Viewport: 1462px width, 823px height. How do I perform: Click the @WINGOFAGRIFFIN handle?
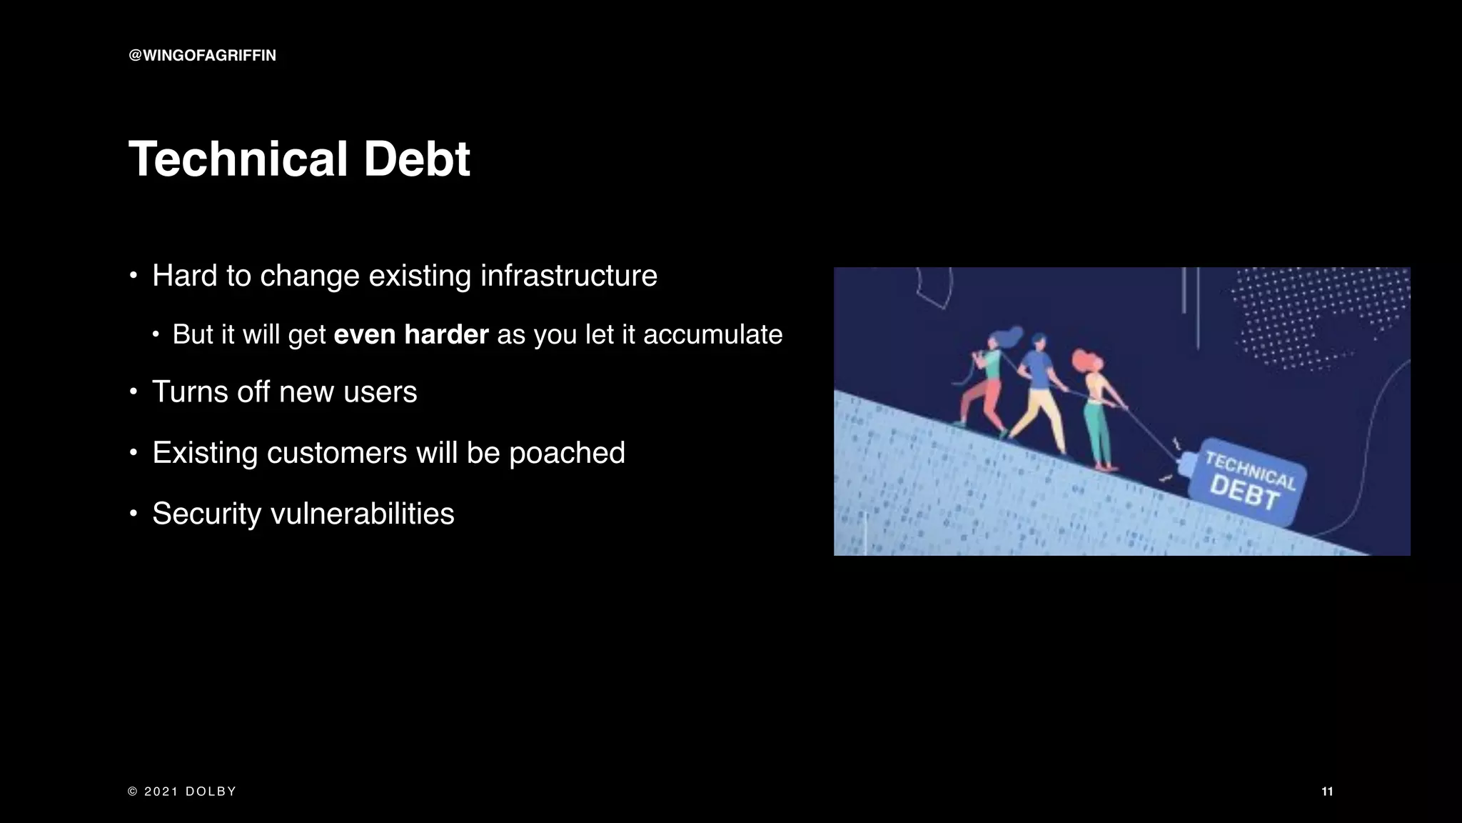pyautogui.click(x=202, y=56)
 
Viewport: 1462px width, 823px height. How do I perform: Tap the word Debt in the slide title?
pyautogui.click(x=417, y=159)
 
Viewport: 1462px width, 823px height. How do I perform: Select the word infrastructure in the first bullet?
pyautogui.click(x=568, y=276)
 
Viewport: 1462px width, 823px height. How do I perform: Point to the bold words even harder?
pyautogui.click(x=411, y=334)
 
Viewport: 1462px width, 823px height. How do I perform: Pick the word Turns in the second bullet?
pyautogui.click(x=188, y=392)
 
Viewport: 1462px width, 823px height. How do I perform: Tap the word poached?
pyautogui.click(x=567, y=453)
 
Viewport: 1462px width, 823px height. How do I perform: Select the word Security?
pyautogui.click(x=206, y=514)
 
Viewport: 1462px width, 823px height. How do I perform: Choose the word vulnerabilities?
pyautogui.click(x=363, y=514)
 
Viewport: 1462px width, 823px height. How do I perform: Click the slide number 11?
pyautogui.click(x=1327, y=792)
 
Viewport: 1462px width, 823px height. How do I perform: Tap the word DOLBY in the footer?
pyautogui.click(x=211, y=792)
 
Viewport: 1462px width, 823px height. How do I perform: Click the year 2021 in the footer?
pyautogui.click(x=161, y=792)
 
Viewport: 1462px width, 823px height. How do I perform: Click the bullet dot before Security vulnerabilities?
pyautogui.click(x=133, y=514)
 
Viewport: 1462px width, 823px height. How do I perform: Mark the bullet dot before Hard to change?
pyautogui.click(x=133, y=276)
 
